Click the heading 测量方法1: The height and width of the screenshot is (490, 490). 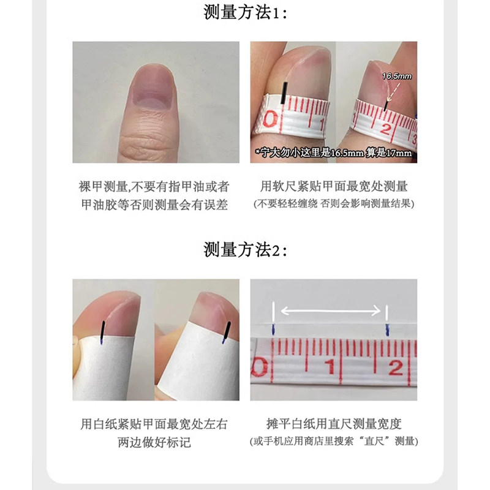pyautogui.click(x=244, y=13)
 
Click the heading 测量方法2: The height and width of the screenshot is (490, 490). pyautogui.click(x=244, y=249)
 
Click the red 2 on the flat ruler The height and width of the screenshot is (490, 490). pyautogui.click(x=394, y=367)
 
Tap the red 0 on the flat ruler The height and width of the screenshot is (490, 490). pyautogui.click(x=262, y=369)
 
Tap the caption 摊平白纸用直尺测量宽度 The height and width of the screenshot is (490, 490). pyautogui.click(x=334, y=424)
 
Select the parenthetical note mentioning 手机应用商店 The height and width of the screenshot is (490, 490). pyautogui.click(x=334, y=441)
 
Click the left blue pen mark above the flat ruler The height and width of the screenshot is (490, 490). pyautogui.click(x=273, y=328)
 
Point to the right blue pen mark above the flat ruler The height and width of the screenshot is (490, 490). pyautogui.click(x=387, y=328)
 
